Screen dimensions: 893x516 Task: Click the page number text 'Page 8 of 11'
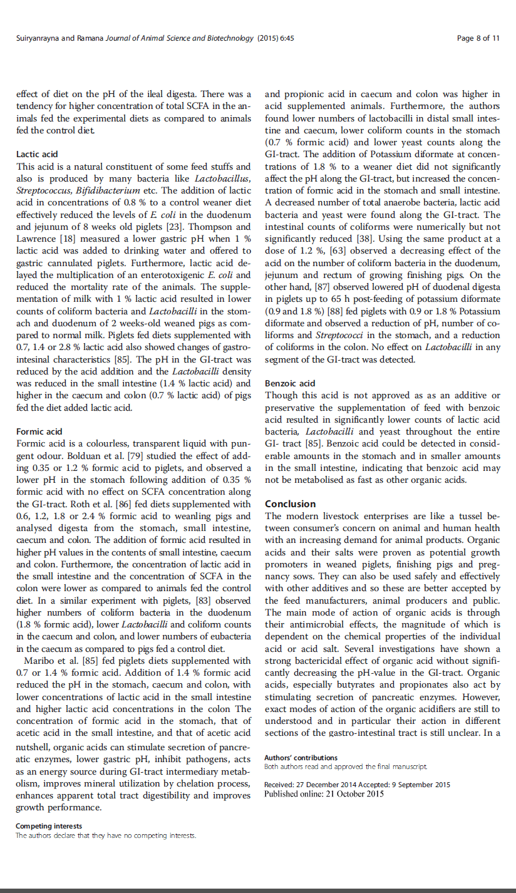[478, 38]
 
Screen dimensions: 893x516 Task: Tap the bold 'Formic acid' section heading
[39, 431]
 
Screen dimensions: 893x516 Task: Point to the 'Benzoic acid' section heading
[290, 383]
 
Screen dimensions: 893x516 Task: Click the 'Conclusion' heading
[291, 504]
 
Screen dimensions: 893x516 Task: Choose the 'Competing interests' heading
[49, 826]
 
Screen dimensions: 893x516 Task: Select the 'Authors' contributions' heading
[301, 758]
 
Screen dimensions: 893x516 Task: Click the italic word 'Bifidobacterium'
[103, 190]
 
